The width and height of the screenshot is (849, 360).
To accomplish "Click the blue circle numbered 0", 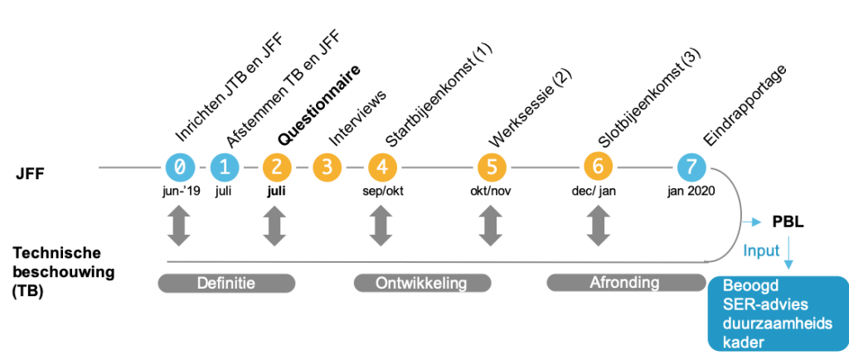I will click(x=179, y=168).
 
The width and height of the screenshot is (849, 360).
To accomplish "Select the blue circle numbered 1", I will click(x=223, y=168).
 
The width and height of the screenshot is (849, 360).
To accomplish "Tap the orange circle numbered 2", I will click(x=276, y=168).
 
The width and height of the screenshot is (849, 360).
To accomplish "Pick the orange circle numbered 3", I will click(x=327, y=168).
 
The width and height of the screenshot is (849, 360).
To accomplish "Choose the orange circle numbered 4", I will click(x=381, y=168).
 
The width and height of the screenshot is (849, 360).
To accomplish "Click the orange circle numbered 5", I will click(x=491, y=168).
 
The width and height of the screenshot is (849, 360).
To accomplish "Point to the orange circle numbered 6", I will click(x=597, y=166).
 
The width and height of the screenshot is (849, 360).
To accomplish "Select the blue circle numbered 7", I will click(x=690, y=168).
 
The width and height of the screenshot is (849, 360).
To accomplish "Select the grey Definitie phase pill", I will click(x=226, y=284).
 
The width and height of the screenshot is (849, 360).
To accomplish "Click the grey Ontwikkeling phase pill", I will click(x=421, y=284).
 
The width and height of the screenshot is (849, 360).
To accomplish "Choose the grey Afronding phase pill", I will click(x=623, y=283).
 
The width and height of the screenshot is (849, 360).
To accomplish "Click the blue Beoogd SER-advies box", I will click(x=778, y=314).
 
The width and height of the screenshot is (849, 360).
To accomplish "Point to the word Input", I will click(x=761, y=250).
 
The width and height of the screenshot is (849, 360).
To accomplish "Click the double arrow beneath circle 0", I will click(x=179, y=225).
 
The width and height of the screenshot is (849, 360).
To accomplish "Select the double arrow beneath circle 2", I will click(x=274, y=225).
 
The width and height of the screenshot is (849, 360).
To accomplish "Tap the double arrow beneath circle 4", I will click(x=381, y=225).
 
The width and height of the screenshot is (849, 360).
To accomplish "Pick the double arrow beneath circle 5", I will click(x=491, y=225).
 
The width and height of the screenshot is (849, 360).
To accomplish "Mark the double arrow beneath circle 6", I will click(x=597, y=225).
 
